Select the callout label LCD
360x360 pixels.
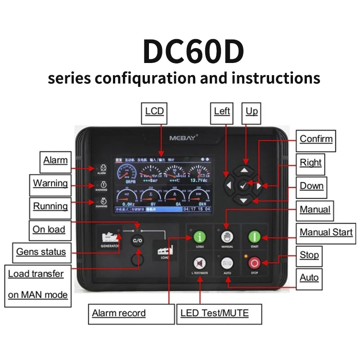click(154, 111)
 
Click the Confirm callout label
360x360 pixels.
click(316, 139)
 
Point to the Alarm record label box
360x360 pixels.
click(119, 313)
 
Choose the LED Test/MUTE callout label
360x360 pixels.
click(214, 313)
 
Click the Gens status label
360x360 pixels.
click(41, 252)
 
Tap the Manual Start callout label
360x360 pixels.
click(326, 233)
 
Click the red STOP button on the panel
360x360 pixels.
click(254, 263)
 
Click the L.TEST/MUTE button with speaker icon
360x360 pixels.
click(199, 263)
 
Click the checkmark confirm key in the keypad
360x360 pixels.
click(243, 185)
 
